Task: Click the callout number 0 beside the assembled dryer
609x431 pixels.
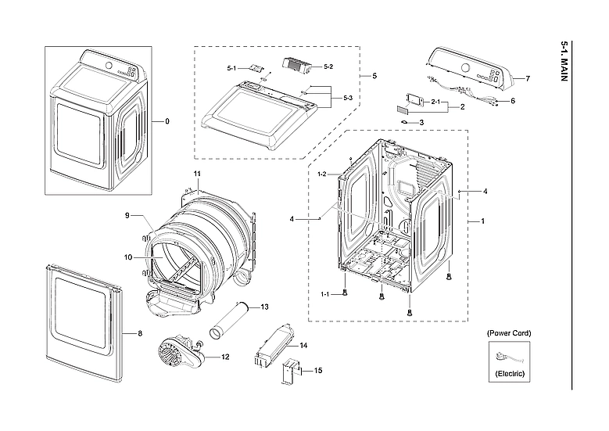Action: point(167,121)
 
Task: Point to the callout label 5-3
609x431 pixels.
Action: point(347,98)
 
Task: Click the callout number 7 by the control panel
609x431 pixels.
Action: point(528,79)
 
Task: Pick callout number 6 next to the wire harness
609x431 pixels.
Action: point(513,101)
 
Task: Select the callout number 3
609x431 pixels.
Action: point(421,123)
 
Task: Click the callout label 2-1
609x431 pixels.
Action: point(435,102)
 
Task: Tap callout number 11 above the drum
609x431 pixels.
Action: point(197,172)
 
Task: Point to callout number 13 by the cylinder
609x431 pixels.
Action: point(264,306)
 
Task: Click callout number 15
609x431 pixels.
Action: point(318,370)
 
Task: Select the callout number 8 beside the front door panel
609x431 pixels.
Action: point(140,334)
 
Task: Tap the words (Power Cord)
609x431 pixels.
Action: point(509,333)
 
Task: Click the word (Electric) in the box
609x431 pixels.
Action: point(509,375)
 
